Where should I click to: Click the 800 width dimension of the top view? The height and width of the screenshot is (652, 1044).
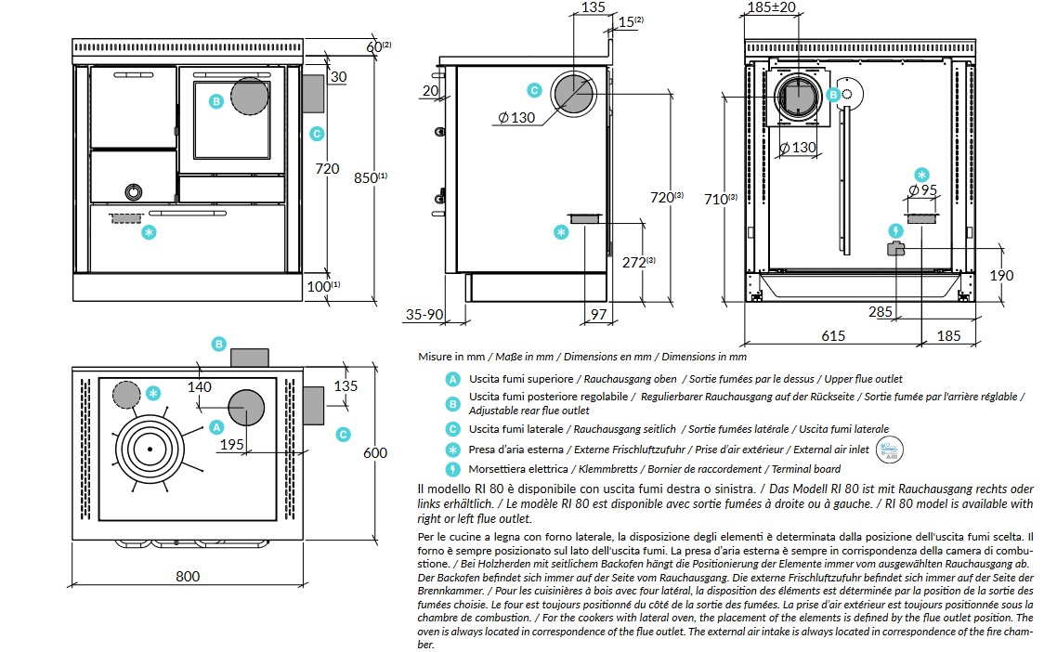(x=188, y=576)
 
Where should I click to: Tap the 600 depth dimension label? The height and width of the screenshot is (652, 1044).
(x=375, y=453)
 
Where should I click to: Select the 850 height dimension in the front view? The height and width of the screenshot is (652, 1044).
(x=371, y=177)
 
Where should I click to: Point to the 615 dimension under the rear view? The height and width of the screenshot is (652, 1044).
(x=833, y=335)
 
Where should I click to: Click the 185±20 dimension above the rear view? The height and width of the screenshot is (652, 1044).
(x=772, y=7)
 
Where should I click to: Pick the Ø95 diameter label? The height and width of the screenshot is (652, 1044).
(x=923, y=189)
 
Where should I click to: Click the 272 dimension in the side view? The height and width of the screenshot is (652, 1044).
(x=638, y=263)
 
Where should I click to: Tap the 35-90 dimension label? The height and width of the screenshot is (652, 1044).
(x=424, y=314)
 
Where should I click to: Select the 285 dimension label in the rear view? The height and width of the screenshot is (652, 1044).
(x=881, y=311)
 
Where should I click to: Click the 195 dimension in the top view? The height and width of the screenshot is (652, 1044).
(x=231, y=444)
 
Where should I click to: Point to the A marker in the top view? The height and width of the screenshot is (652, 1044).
(x=215, y=427)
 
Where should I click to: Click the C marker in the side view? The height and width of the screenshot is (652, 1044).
(x=534, y=90)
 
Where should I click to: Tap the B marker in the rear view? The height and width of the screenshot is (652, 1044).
(x=833, y=95)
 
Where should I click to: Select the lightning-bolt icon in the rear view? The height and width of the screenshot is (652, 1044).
(x=896, y=231)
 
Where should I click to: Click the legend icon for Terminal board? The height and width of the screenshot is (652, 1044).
(x=452, y=469)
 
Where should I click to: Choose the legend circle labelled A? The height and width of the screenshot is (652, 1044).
(x=452, y=379)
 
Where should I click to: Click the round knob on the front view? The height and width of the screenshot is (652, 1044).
(x=134, y=192)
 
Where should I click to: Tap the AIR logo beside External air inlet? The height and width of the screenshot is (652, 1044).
(x=890, y=450)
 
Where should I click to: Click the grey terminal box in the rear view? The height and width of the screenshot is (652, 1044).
(x=896, y=249)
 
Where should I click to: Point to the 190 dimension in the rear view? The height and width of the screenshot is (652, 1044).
(x=1001, y=275)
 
